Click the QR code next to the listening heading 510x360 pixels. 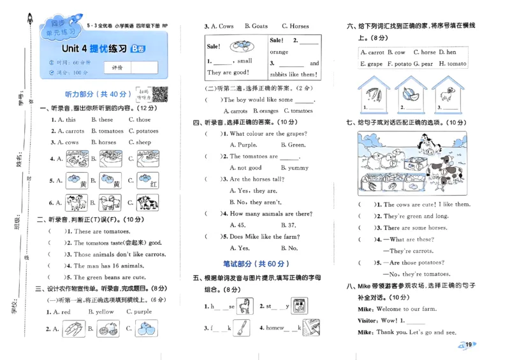[159, 93]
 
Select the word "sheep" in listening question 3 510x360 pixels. [143, 143]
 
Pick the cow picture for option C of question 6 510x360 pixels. [146, 203]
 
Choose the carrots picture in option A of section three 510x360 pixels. [73, 329]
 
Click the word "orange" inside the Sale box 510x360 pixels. [279, 52]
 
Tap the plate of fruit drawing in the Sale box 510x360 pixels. [240, 47]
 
